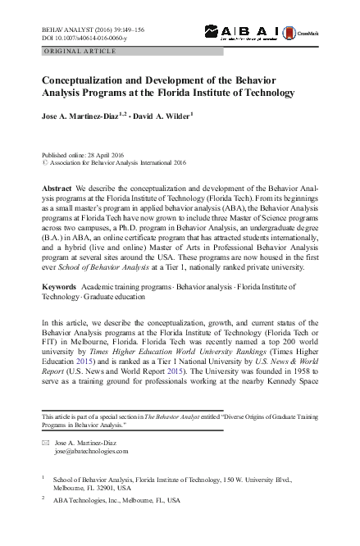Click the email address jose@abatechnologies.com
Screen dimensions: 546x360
coord(91,451)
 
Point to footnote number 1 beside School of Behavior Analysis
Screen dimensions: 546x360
coord(43,475)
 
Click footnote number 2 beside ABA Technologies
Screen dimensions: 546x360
coord(43,496)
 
